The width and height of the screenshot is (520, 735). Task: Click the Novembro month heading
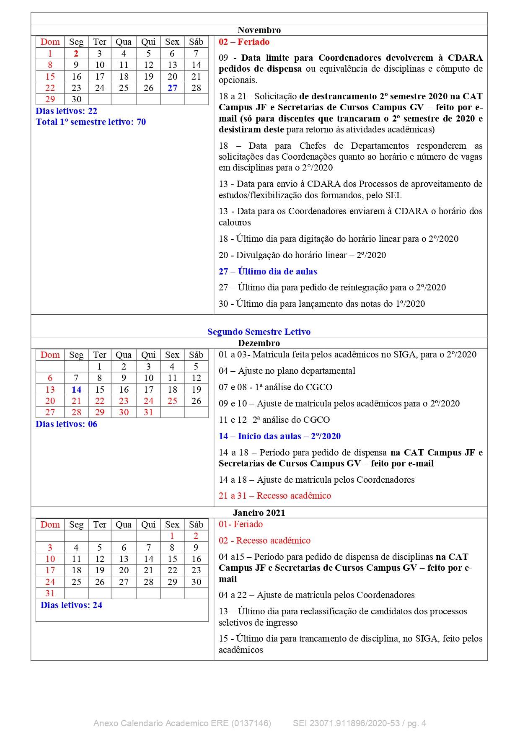259,30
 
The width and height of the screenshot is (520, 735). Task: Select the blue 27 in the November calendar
172,88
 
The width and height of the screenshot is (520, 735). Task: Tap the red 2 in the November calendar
76,54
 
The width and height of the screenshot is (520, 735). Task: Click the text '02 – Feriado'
244,42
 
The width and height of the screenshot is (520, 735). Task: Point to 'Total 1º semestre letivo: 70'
91,122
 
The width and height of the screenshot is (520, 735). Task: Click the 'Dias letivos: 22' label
66,111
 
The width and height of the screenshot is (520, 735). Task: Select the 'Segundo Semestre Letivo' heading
259,332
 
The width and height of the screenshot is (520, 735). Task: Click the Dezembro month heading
259,343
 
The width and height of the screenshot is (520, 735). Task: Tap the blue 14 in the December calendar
76,390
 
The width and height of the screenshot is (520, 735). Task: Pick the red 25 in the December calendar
172,401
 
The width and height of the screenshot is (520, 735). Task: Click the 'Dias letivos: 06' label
66,424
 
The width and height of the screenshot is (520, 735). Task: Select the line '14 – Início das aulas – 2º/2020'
279,436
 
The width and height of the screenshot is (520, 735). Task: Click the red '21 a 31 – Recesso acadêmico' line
275,496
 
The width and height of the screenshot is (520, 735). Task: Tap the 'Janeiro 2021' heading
259,513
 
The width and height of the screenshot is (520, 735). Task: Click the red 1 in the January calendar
172,536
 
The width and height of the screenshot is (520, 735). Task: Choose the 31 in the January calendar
50,593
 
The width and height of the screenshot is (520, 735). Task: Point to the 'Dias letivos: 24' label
71,605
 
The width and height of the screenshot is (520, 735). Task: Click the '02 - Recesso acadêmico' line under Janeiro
264,541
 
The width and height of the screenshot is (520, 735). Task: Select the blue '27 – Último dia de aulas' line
268,272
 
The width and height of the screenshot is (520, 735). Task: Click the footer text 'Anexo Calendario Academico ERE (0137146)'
182,723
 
